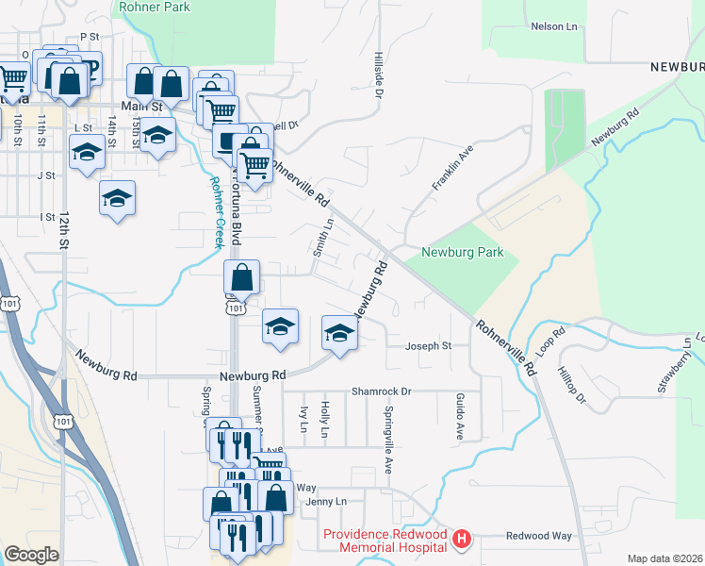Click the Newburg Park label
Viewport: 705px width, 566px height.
463,253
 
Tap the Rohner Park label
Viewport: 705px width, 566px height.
156,8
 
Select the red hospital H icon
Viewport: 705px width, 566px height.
462,540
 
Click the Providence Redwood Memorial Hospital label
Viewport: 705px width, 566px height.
385,540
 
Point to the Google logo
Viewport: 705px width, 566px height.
31,554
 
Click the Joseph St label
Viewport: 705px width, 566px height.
429,346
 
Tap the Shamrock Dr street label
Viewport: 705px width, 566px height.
382,391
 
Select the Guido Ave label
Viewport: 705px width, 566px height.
460,417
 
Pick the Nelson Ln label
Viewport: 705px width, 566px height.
553,27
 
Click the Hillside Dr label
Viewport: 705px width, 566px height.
378,75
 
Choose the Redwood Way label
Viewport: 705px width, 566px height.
539,536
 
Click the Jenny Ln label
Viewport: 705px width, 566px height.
327,501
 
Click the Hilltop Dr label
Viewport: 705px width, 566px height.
572,386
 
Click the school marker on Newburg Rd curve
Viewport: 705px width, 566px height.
339,333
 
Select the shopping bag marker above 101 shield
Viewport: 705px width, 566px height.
242,278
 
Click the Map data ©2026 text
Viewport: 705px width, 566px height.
665,558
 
